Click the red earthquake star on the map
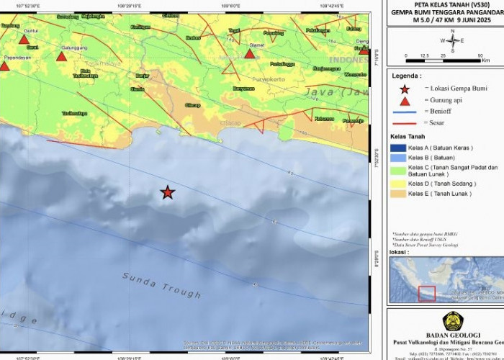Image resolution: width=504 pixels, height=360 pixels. pos(167,192)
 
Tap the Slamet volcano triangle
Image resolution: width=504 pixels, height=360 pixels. pos(250,53)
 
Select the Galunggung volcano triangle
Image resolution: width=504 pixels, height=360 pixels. pos(61,55)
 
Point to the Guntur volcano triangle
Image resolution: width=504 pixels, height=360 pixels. pos(24,39)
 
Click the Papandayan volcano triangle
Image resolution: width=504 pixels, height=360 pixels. pos(4,66)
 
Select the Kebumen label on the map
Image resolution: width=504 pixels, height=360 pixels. pos(324,119)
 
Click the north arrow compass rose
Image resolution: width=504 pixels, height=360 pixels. pos(452,40)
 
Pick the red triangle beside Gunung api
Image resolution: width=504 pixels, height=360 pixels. pos(405,102)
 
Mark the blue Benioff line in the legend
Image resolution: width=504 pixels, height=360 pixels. pos(405,112)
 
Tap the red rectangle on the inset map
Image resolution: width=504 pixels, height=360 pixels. pos(427,294)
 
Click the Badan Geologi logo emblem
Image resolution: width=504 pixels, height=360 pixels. pos(452,321)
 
